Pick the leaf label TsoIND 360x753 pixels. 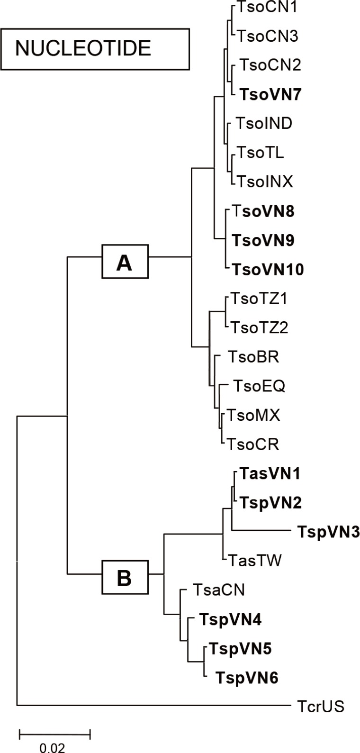tap(264, 124)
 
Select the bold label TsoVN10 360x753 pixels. tap(268, 270)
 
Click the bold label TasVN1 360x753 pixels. tap(270, 473)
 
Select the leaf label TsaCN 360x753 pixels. tap(218, 590)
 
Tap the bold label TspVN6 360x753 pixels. tap(247, 678)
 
